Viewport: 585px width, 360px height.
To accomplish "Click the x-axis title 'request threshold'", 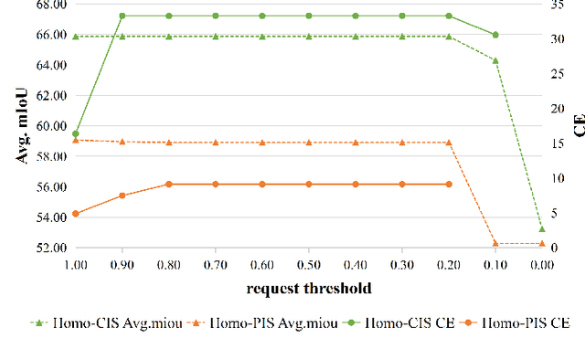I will (308, 288).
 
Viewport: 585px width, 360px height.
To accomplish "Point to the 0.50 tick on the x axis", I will (308, 264).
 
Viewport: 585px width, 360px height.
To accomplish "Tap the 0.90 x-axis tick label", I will (122, 264).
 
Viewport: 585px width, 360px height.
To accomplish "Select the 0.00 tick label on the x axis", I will (541, 264).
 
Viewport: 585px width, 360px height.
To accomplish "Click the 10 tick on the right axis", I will (558, 178).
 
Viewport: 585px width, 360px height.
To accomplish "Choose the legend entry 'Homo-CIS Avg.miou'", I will (91, 323).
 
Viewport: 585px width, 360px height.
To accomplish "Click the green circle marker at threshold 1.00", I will (76, 133).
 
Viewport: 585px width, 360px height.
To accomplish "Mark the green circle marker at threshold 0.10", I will (495, 35).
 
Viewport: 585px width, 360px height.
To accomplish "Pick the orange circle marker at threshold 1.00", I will (76, 214).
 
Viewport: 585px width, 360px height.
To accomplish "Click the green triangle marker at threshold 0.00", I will (541, 228).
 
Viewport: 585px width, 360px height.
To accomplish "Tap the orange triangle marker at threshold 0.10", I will (495, 243).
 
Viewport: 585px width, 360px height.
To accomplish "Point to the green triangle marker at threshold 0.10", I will (495, 60).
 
